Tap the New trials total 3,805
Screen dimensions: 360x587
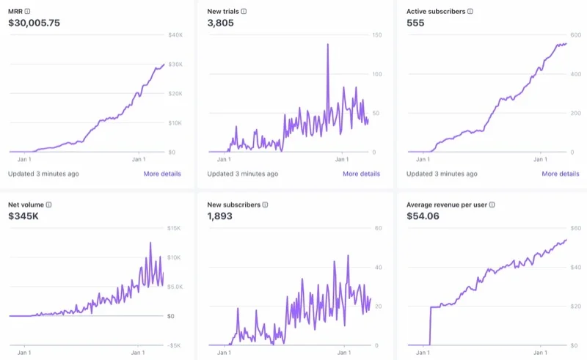coord(220,23)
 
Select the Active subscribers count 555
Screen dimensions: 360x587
coord(416,23)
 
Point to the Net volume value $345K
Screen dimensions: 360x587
coord(24,216)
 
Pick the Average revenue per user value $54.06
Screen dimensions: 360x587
coord(424,216)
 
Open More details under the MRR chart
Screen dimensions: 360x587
coord(162,174)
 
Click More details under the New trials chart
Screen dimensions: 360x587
coord(361,174)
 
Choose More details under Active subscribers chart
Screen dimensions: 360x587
coord(561,174)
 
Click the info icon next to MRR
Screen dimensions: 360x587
coord(28,12)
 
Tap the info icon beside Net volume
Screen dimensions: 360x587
coord(49,205)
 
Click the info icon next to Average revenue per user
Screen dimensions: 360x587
coord(492,205)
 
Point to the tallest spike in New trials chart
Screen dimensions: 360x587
coord(327,45)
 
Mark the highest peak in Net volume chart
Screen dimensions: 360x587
coord(150,243)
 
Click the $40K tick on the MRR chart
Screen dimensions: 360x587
coord(176,35)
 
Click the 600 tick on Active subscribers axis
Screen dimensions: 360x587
coord(576,35)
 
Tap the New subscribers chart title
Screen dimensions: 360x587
coord(233,205)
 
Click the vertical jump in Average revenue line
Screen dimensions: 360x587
coord(430,326)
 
